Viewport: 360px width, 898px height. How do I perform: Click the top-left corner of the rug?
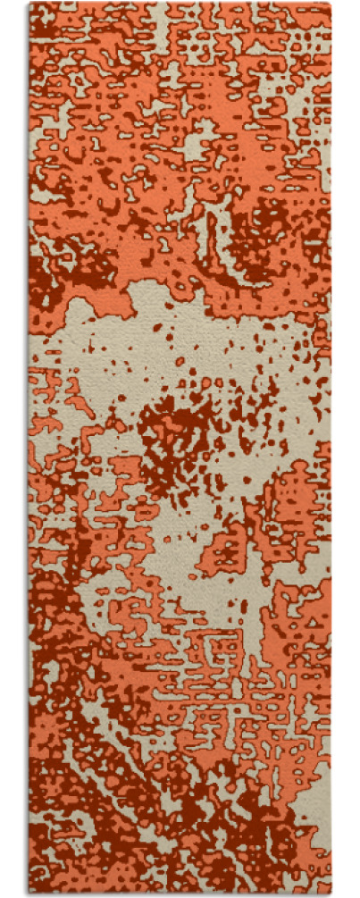tap(29, 4)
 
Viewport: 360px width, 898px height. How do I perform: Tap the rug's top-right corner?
tap(330, 4)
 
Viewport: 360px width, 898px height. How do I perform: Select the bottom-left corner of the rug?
tap(29, 893)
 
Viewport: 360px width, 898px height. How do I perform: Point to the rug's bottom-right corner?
tap(330, 893)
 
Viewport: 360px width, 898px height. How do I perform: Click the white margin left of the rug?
tap(13, 447)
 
